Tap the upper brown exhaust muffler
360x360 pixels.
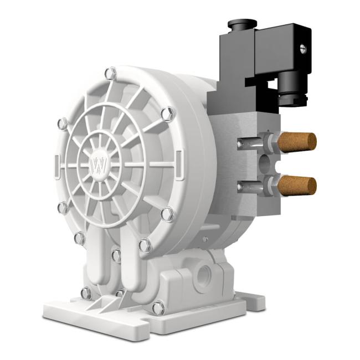coord(297,142)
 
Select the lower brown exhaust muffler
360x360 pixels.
coord(297,185)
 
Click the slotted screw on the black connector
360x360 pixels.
coord(303,49)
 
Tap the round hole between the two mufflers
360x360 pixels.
coord(265,164)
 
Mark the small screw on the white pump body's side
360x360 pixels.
coord(205,240)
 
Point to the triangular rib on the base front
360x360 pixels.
coord(100,304)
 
